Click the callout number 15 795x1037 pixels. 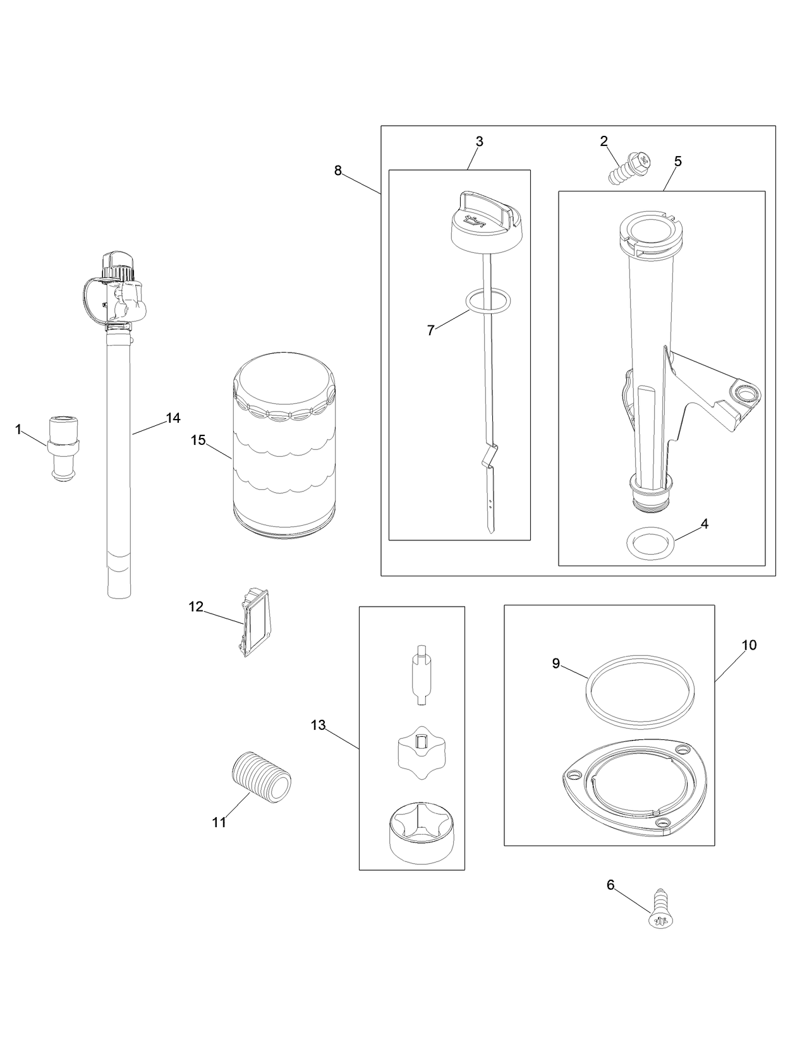(x=198, y=440)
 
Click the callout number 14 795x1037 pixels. (x=173, y=418)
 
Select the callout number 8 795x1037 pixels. (x=338, y=170)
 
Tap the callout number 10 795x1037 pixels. (x=749, y=645)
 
